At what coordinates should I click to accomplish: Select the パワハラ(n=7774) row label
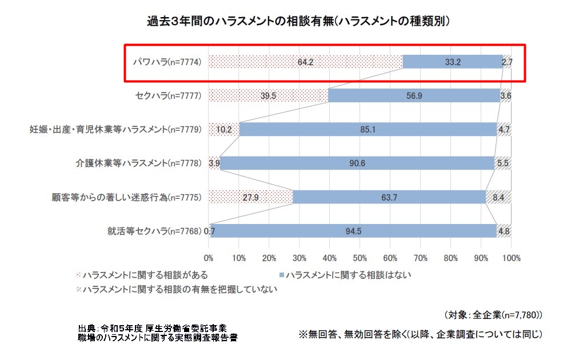(x=166, y=61)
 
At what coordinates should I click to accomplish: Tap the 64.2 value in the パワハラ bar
(x=306, y=61)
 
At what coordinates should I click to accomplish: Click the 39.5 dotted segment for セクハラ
(x=268, y=95)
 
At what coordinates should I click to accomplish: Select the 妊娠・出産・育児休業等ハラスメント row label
(x=115, y=130)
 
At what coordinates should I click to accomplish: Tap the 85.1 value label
(x=368, y=130)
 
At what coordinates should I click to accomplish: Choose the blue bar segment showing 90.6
(x=357, y=163)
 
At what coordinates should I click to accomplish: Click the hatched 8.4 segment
(x=498, y=197)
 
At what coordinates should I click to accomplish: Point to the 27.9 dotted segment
(x=250, y=197)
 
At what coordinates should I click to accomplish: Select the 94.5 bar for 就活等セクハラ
(x=353, y=231)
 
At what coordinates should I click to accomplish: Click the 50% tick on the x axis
(x=360, y=258)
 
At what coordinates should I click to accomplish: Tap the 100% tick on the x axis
(x=511, y=258)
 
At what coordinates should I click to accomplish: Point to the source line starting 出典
(x=152, y=328)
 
